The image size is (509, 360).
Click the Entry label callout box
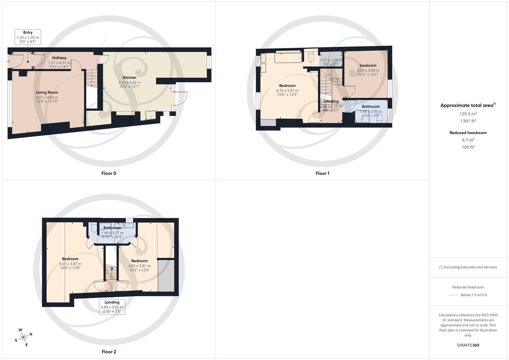click(28, 37)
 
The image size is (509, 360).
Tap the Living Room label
click(47, 92)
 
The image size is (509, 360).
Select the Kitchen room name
click(129, 77)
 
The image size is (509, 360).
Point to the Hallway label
click(59, 58)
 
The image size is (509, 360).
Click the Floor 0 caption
click(109, 173)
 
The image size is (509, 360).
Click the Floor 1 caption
click(322, 173)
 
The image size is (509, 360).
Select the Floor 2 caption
click(109, 352)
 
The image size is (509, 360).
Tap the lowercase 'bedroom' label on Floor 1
click(368, 65)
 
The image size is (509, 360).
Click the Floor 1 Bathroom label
click(371, 107)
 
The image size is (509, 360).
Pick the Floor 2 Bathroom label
click(112, 228)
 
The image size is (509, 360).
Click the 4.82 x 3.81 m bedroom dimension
click(139, 266)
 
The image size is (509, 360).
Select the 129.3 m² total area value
click(468, 114)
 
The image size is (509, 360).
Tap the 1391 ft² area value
click(468, 121)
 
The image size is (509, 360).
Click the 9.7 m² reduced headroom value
click(468, 140)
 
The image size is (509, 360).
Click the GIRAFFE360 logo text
click(468, 345)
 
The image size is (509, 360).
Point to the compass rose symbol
click(23, 337)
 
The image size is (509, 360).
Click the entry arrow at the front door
click(8, 61)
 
